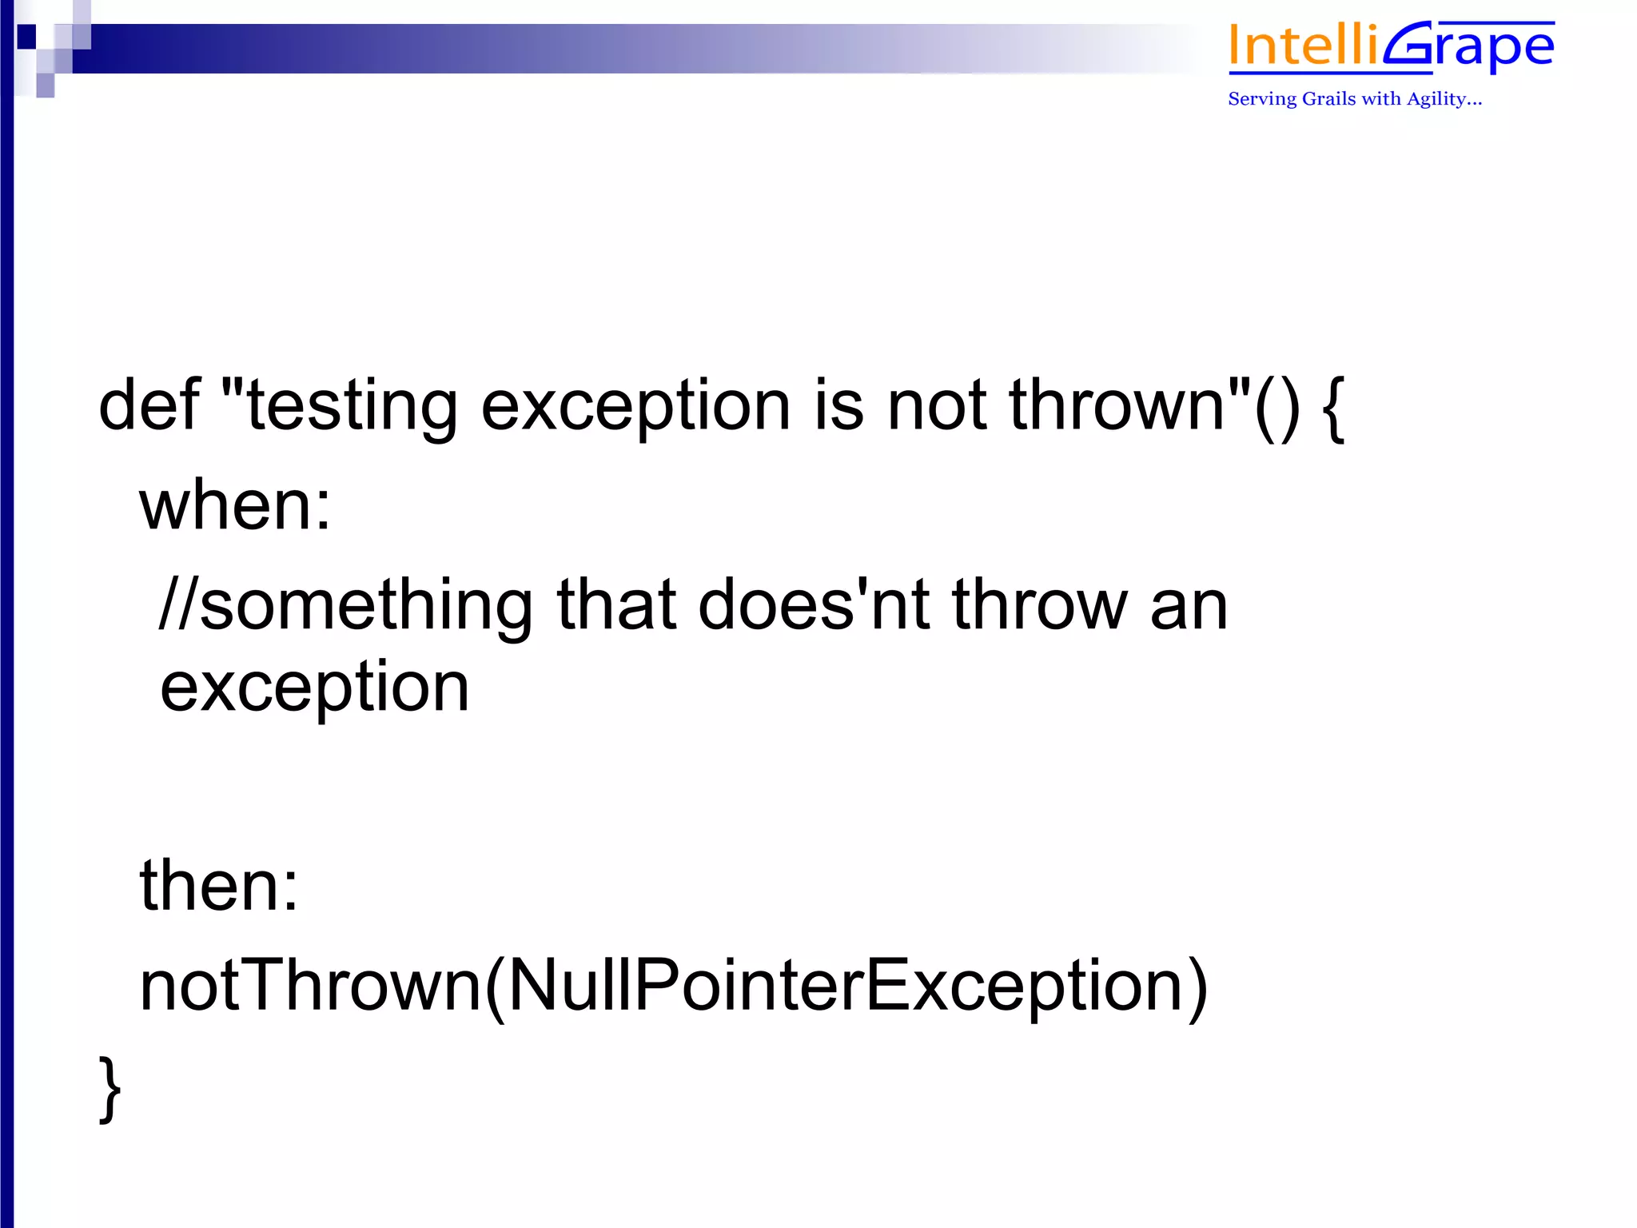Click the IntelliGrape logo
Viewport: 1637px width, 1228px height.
(x=1391, y=48)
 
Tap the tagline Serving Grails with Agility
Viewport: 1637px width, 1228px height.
(x=1354, y=99)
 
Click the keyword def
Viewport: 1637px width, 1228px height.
(x=149, y=405)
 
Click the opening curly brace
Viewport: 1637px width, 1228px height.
(x=1333, y=408)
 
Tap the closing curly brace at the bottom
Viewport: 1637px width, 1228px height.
(x=110, y=1089)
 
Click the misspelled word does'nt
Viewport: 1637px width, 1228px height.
(x=813, y=605)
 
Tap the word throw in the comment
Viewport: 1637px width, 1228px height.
(x=1039, y=605)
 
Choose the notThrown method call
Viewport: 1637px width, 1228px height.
(x=310, y=986)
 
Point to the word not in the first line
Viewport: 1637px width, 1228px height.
(x=937, y=406)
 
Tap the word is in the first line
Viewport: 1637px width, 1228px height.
(x=838, y=405)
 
